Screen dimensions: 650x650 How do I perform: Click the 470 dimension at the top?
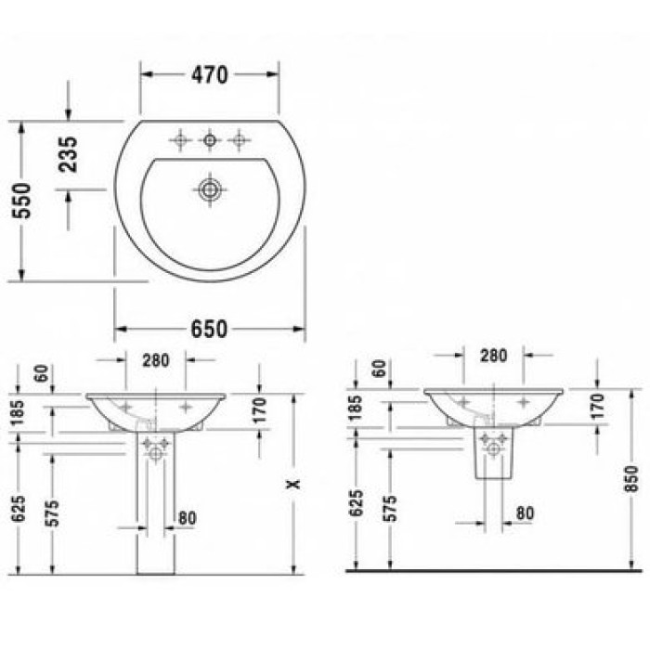click(209, 75)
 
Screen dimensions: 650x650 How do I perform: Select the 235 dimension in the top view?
click(68, 154)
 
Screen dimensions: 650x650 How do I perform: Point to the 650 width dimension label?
click(209, 330)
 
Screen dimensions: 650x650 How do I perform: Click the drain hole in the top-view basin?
click(211, 189)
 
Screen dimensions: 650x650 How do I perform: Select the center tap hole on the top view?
click(210, 140)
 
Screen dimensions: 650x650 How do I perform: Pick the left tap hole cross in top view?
click(180, 140)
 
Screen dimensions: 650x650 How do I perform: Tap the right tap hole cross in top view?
click(240, 140)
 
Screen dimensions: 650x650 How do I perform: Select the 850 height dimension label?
click(631, 477)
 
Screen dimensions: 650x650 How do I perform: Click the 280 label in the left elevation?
click(155, 360)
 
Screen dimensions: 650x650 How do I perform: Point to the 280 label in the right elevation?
click(493, 355)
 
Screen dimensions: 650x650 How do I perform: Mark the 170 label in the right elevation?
click(596, 405)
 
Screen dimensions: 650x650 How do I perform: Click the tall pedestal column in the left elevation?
click(155, 511)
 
